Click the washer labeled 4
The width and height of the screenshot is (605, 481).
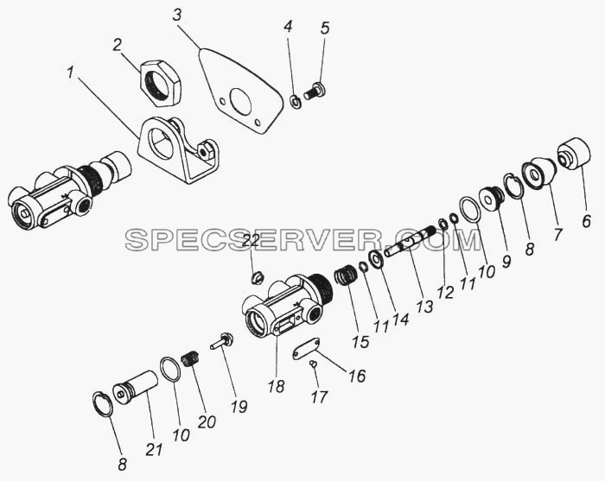pyautogui.click(x=296, y=102)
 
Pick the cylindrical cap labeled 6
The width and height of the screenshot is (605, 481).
pyautogui.click(x=574, y=154)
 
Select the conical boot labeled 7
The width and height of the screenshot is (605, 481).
pyautogui.click(x=538, y=174)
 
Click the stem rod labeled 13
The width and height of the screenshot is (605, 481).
pyautogui.click(x=411, y=241)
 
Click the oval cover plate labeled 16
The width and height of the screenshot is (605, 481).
pyautogui.click(x=306, y=349)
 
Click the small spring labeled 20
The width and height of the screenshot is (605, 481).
pyautogui.click(x=190, y=360)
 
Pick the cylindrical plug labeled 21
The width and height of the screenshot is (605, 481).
pyautogui.click(x=135, y=388)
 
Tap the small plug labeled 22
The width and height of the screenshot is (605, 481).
pyautogui.click(x=258, y=277)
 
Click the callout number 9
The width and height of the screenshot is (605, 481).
pyautogui.click(x=506, y=262)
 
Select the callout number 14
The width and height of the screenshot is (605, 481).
pyautogui.click(x=401, y=318)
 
